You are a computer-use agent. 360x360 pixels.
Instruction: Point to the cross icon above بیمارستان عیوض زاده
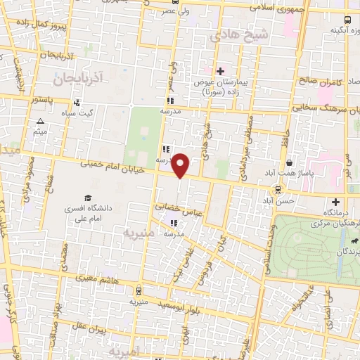point(220,72)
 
